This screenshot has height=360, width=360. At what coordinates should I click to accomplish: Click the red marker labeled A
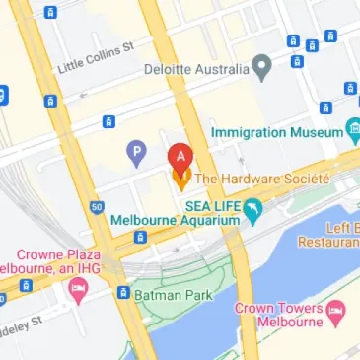tap(180, 156)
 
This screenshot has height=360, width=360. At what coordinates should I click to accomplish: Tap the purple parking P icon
tap(137, 152)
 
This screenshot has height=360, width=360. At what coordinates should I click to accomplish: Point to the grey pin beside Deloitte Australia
tap(261, 69)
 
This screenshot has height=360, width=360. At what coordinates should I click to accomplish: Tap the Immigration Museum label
tap(277, 132)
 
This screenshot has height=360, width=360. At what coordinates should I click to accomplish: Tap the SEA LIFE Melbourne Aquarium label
tap(177, 213)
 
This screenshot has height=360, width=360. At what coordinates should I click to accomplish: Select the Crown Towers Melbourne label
tap(279, 316)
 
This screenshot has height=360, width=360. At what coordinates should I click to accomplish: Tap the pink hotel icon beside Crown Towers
tap(336, 315)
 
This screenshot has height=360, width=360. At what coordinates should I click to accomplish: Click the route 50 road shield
tap(95, 207)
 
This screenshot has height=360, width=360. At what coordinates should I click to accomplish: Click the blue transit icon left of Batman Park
tap(123, 293)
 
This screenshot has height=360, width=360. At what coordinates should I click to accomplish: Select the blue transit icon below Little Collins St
tap(108, 121)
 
